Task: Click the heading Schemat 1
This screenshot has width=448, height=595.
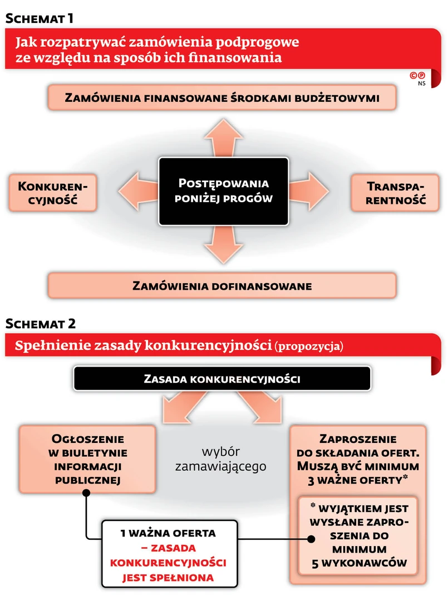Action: tap(40, 18)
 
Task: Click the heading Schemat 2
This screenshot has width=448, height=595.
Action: tap(41, 323)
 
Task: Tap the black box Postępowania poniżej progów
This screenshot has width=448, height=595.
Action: tap(223, 191)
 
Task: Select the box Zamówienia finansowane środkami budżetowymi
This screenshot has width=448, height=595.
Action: tap(222, 98)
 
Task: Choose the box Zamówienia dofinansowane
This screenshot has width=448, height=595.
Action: tap(222, 286)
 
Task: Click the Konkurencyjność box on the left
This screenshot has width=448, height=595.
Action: tap(53, 192)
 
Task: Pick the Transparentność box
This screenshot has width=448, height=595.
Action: tap(396, 193)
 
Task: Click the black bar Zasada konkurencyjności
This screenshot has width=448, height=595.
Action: tap(222, 379)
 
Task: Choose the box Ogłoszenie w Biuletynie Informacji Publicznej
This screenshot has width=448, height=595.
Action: tap(87, 459)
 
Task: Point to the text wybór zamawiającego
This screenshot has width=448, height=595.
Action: tap(220, 459)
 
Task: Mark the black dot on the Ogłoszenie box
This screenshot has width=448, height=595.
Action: tap(87, 493)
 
